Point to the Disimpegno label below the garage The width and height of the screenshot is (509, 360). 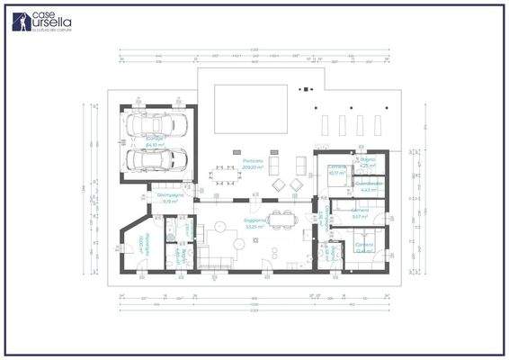[167, 197]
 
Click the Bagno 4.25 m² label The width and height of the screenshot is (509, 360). [368, 163]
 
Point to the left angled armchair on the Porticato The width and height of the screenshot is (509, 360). [277, 184]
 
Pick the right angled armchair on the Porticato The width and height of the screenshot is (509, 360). [296, 184]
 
